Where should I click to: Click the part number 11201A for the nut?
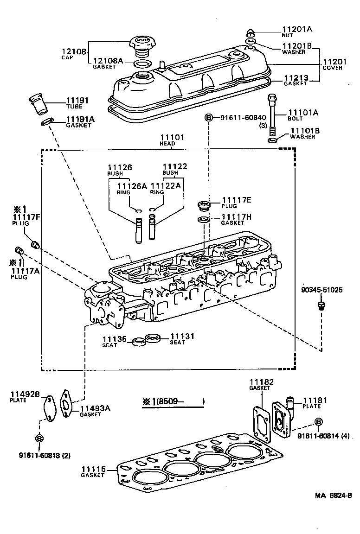(x=297, y=29)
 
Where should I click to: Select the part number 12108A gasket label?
(x=108, y=61)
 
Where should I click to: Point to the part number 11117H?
(x=236, y=216)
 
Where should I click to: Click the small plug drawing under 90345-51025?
(x=321, y=305)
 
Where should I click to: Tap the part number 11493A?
(x=96, y=408)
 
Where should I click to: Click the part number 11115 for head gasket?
(x=95, y=469)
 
